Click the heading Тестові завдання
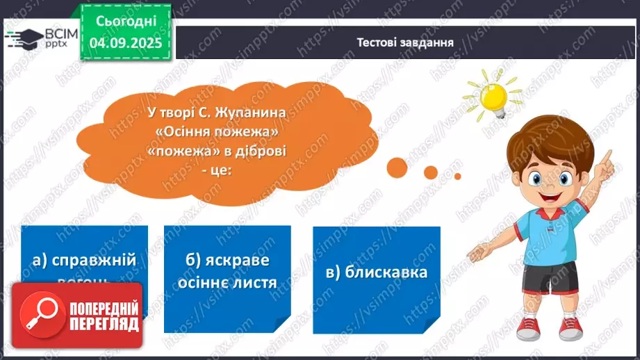tap(405, 42)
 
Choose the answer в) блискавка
tap(376, 271)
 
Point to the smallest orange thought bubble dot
tap(457, 177)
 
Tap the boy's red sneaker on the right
tap(570, 325)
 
